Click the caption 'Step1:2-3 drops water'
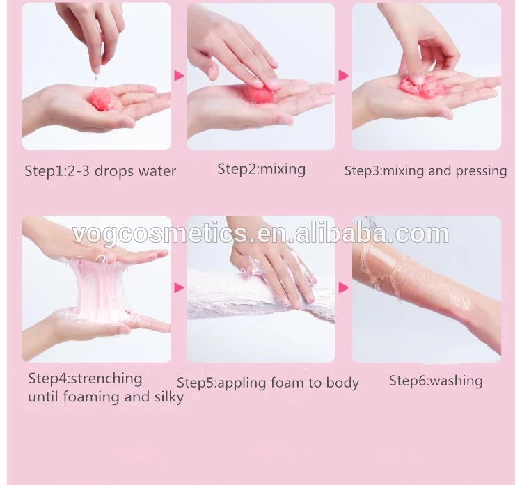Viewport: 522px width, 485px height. [x=100, y=170]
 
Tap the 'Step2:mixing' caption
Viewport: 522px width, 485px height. [x=261, y=168]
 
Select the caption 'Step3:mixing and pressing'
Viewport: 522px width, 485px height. [x=425, y=170]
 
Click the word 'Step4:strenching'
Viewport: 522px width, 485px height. [x=85, y=379]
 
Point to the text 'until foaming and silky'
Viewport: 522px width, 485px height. [x=106, y=397]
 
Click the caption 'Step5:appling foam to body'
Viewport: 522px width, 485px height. [x=268, y=382]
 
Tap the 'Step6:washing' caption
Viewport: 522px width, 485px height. [x=435, y=380]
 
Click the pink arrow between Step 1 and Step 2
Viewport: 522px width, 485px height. [x=179, y=75]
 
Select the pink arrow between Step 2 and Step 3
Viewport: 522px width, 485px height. [x=343, y=75]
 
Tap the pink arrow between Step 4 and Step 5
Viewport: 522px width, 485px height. [x=179, y=287]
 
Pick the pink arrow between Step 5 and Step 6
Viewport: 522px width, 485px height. [x=343, y=287]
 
